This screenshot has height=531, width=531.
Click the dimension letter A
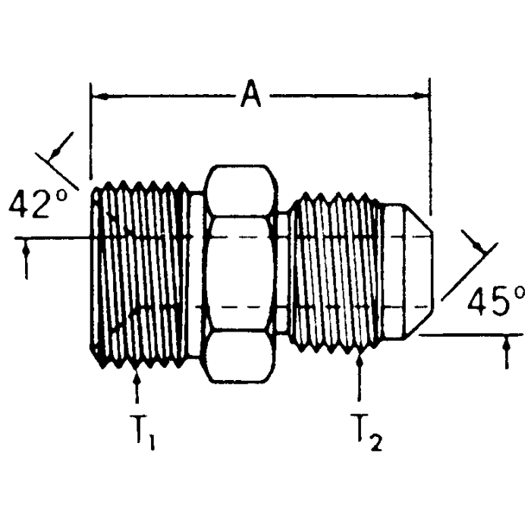coord(251,96)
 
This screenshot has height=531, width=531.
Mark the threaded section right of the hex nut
coord(334,272)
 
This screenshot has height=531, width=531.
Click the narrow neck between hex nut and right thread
coord(282,272)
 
